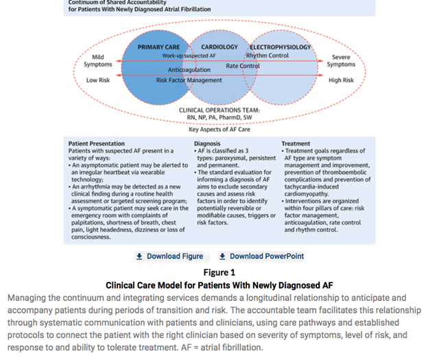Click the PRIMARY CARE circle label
(158, 47)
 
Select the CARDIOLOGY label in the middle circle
(219, 47)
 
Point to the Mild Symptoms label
(98, 61)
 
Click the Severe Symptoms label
(341, 61)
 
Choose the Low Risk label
(98, 80)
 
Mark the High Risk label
(341, 80)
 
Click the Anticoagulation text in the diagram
(189, 70)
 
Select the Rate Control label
(243, 66)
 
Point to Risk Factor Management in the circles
(189, 80)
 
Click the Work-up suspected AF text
(189, 55)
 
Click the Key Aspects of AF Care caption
(219, 128)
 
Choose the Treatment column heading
(296, 144)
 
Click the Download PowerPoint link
(261, 256)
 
